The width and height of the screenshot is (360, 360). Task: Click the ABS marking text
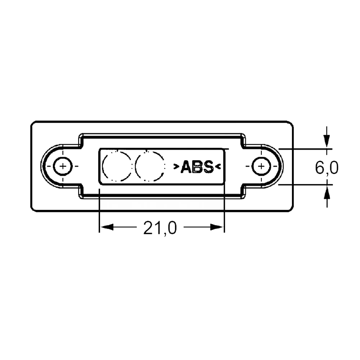point(197,167)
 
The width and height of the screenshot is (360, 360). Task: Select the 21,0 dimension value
point(160,228)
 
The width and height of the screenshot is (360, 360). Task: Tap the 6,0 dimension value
point(327,168)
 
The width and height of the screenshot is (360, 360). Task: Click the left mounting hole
point(63,166)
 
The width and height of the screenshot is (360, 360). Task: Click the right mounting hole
point(261,166)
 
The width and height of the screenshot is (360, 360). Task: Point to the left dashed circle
point(103,166)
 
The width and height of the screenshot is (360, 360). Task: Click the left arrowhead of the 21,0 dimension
point(107,227)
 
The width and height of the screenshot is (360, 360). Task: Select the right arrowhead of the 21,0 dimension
point(216,227)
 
